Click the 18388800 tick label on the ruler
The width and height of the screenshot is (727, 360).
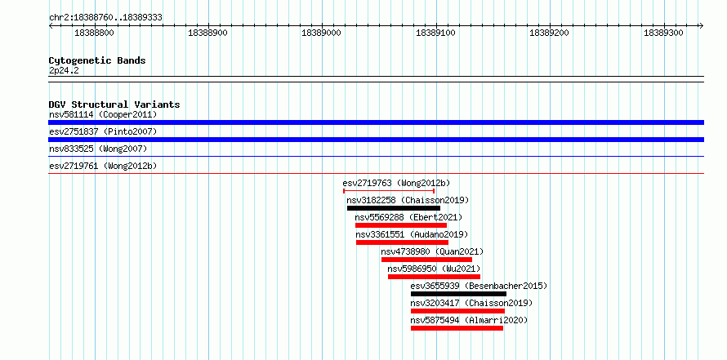coord(94,33)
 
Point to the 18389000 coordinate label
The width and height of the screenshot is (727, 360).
coord(321,33)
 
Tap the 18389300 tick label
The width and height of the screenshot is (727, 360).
coord(663,33)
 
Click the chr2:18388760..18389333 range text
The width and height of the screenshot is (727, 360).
coord(105,18)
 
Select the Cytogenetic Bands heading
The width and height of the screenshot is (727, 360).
coord(97,60)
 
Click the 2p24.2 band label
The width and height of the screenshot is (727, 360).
coord(64,70)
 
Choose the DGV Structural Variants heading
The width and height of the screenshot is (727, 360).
coord(114,104)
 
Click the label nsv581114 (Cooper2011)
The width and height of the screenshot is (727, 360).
coord(103,114)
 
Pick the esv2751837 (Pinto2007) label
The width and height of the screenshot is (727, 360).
coord(103,131)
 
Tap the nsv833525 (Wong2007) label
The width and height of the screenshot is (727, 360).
coord(98,149)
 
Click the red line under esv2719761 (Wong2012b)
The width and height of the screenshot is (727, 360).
coord(376,173)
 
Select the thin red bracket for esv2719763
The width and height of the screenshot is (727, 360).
coord(389,190)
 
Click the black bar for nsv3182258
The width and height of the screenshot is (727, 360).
coord(393,208)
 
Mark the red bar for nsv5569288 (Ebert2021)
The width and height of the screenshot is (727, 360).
coord(401,225)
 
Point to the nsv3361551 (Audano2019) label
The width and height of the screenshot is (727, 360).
coord(412,234)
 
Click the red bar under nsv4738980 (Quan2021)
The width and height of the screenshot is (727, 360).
coord(426,260)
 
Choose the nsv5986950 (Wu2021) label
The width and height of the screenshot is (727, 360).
coord(434,269)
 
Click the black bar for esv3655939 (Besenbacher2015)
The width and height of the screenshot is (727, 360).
coord(458,294)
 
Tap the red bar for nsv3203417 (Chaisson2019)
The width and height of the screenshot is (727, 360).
coord(457,311)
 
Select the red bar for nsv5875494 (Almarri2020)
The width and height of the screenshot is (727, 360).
coord(457,328)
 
